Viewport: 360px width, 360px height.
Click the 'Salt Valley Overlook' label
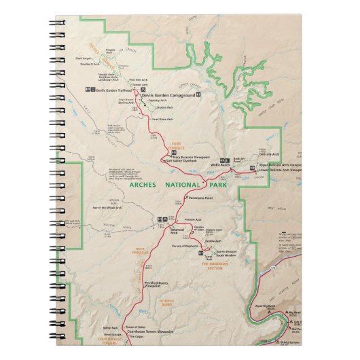180,161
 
